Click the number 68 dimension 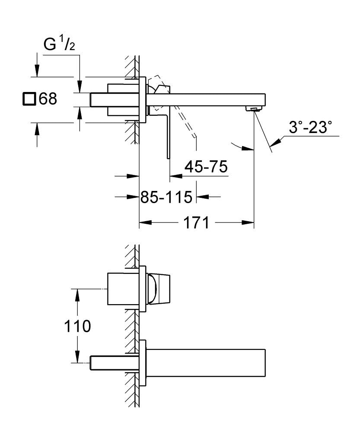48,99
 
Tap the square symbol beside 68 29,99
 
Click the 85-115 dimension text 166,197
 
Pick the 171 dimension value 196,223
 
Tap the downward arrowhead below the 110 78,358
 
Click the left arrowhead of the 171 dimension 143,223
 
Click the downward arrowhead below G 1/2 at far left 38,71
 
